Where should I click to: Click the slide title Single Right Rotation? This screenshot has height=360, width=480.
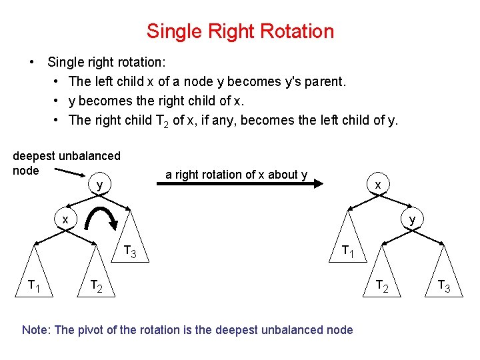[240, 31]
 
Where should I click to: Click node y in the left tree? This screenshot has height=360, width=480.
[99, 185]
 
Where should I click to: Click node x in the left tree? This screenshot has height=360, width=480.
[65, 219]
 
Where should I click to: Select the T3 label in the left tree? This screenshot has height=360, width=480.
[130, 252]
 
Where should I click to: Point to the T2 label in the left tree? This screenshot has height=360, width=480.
[97, 286]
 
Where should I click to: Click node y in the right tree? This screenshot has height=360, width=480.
[412, 219]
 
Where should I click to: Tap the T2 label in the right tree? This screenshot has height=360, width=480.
[382, 286]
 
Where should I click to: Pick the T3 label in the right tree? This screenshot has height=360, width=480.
[444, 286]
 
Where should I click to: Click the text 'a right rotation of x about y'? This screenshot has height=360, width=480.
[236, 175]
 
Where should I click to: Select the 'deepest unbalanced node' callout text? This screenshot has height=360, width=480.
[66, 163]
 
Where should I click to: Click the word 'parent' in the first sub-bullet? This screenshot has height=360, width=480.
[323, 81]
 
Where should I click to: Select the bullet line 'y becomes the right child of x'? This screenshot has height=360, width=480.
[157, 101]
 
